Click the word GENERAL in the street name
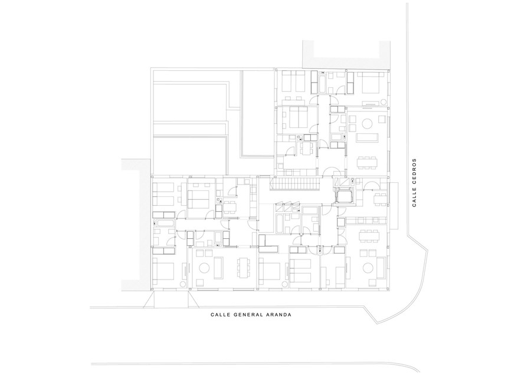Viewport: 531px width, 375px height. (x=249, y=314)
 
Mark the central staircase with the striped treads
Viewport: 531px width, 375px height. (x=294, y=185)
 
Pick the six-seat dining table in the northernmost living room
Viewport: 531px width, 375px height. (x=367, y=162)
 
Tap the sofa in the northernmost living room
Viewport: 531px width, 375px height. (x=367, y=137)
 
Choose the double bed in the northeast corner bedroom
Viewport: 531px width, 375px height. (x=372, y=83)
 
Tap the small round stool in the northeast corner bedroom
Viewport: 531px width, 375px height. (x=383, y=101)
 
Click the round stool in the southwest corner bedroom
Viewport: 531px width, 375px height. (x=183, y=284)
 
